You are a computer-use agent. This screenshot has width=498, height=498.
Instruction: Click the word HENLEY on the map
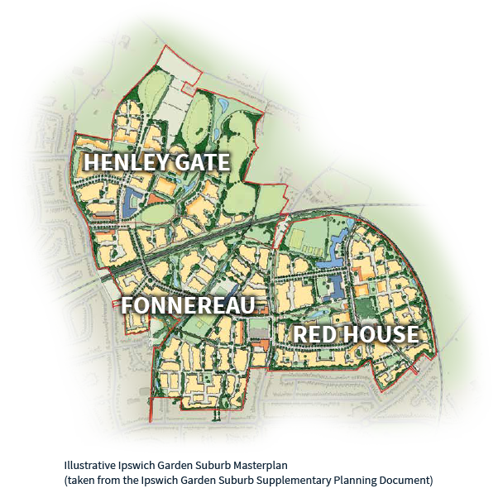click(125, 162)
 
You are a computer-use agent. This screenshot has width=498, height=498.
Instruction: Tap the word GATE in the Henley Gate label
click(200, 162)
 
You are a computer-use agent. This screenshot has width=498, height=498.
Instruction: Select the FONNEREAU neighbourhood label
click(188, 306)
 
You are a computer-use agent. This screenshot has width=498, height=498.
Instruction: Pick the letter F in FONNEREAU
click(127, 306)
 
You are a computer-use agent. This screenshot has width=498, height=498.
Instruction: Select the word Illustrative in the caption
click(89, 467)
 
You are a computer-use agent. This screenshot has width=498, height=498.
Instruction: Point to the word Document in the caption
click(403, 480)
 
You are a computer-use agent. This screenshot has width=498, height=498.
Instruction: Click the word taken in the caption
click(80, 480)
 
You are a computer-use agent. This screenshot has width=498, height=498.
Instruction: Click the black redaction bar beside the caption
click(363, 467)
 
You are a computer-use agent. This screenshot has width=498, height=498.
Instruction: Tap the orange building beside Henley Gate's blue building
click(155, 198)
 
